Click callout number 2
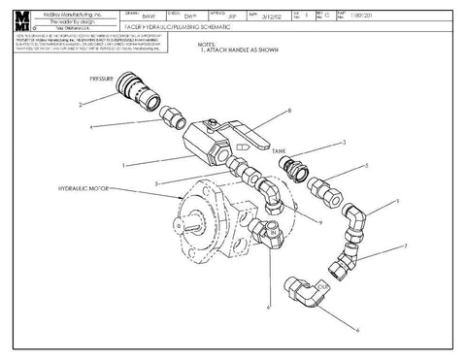click(83, 103)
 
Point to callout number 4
click(89, 127)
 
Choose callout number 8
click(289, 113)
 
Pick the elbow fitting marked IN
click(266, 232)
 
